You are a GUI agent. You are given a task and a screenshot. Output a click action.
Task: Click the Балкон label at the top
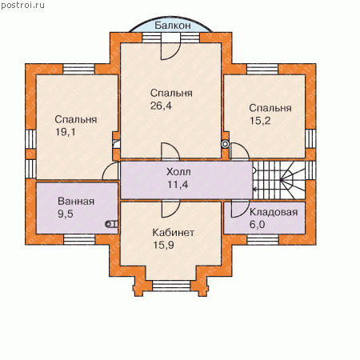pos(173,26)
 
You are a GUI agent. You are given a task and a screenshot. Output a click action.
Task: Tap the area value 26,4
pos(161,106)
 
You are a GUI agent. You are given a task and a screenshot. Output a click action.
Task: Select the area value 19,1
pos(66,132)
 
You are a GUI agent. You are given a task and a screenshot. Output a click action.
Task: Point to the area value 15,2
pos(260,121)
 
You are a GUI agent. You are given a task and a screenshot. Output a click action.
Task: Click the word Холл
pos(178,172)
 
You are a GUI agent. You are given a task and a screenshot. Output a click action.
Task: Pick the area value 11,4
pos(178,184)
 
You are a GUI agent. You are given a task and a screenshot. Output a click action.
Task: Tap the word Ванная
pos(76,201)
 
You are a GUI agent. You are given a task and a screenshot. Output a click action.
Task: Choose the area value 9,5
pos(66,214)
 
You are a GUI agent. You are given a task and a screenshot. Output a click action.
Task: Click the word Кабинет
pos(174,233)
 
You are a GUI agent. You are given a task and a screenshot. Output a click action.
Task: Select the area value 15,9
pos(163,245)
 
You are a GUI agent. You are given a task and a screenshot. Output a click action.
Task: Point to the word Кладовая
pos(274,212)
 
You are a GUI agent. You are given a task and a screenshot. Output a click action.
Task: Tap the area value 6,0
pos(257,225)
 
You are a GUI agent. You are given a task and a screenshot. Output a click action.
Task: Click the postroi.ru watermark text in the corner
pos(22,6)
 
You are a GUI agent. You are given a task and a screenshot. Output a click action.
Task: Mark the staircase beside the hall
pos(279,180)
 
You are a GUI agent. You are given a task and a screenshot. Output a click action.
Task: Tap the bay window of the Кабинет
pos(171,286)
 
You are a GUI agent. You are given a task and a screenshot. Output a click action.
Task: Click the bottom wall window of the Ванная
pos(79,239)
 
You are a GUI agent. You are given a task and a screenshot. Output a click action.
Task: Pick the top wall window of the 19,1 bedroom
pos(78,69)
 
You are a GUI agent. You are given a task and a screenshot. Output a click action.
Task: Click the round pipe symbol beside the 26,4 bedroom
pos(226,144)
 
